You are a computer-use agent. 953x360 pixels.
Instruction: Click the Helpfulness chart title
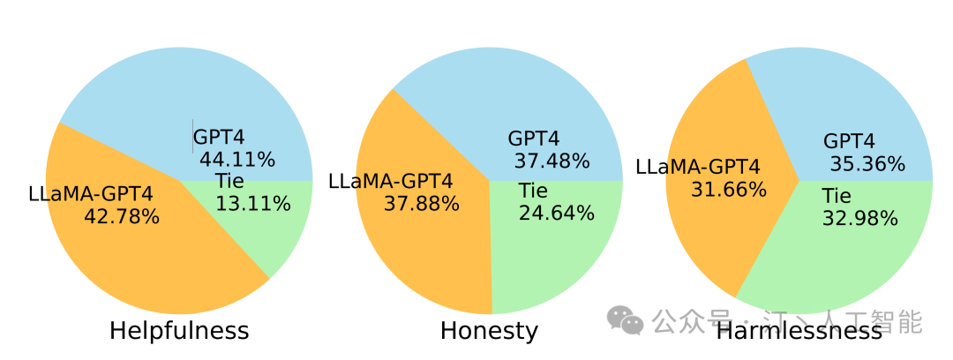179,331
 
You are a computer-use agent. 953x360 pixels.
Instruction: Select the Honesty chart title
489,331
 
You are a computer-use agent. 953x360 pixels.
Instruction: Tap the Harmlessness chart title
799,331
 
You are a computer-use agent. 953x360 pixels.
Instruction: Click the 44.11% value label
237,160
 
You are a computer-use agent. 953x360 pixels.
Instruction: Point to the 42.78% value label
122,215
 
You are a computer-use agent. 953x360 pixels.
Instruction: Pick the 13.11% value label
253,204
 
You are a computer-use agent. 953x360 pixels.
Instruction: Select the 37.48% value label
552,161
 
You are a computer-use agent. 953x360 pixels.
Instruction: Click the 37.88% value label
422,204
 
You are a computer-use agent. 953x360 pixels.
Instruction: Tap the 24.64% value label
556,213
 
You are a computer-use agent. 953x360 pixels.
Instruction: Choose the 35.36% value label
867,164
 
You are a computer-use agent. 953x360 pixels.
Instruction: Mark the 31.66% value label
729,189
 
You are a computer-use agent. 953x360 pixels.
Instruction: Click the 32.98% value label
859,218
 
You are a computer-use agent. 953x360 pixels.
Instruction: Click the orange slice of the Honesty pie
415,256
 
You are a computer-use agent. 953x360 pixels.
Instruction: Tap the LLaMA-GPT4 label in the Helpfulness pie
90,193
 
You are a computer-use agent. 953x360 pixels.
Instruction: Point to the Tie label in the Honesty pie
533,191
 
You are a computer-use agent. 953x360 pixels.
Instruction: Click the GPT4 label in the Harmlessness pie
849,141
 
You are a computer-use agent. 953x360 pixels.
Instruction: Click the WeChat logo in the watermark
627,320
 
